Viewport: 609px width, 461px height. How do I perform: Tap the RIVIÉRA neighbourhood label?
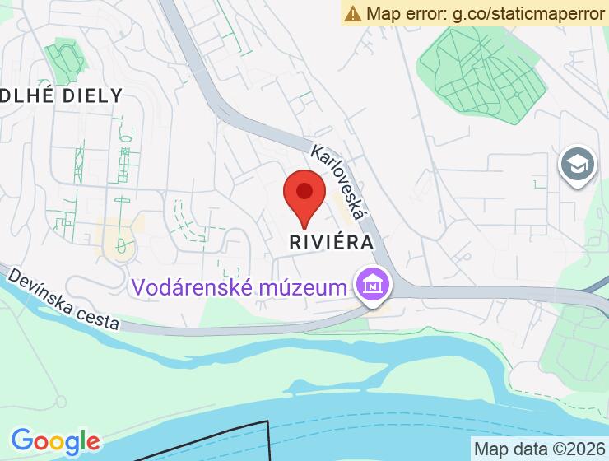(332, 243)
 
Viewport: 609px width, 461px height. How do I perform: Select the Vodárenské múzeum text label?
(239, 288)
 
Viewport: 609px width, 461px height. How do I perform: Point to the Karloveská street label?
(338, 183)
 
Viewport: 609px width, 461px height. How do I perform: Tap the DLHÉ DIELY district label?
(61, 95)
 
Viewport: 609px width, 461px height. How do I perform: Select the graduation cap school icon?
(577, 165)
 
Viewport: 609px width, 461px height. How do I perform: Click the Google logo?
(55, 442)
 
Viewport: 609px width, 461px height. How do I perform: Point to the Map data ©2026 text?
(538, 449)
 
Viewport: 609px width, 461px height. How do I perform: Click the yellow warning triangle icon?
(353, 13)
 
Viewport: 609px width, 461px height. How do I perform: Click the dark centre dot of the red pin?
(304, 192)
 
